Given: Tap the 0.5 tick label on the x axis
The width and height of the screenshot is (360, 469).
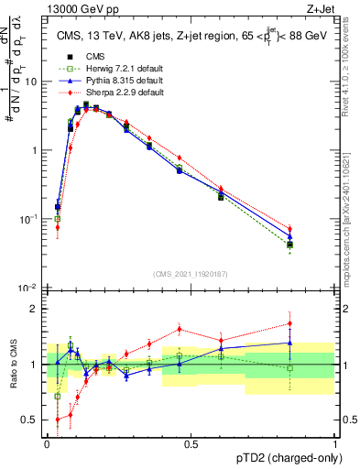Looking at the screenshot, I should [191, 443].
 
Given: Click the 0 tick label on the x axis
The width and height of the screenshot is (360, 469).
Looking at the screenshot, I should [47, 443].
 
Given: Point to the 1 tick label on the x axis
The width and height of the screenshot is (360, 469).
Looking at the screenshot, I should [334, 443].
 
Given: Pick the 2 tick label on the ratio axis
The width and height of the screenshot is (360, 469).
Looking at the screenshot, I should [37, 309].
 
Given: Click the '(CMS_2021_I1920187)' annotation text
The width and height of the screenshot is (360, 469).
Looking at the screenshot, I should [191, 274].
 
